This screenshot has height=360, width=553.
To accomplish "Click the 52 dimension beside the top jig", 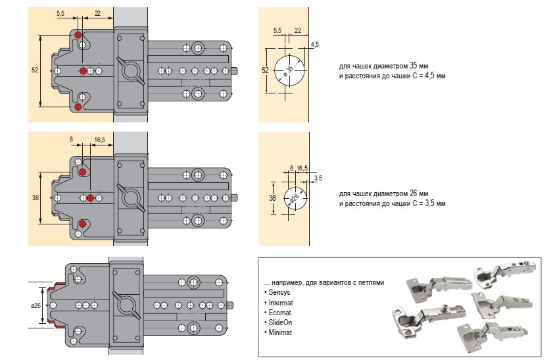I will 34,70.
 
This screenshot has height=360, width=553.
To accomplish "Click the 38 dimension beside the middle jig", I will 34,197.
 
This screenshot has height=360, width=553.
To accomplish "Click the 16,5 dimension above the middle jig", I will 100,140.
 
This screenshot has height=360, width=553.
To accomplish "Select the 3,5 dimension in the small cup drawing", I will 318,178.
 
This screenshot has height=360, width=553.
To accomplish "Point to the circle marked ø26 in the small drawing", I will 293,197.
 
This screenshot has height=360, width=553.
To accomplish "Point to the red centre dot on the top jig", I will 82,70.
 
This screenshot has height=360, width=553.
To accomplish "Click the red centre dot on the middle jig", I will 89,198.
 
